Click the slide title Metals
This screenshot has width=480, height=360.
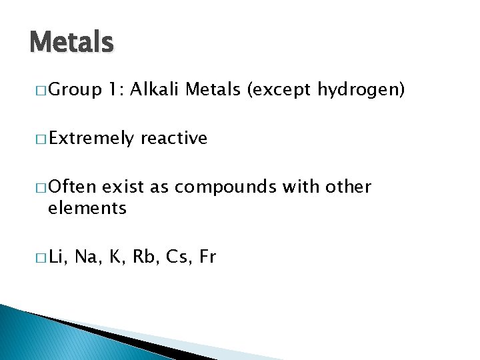pyautogui.click(x=71, y=43)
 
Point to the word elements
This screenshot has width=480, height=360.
pyautogui.click(x=87, y=209)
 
